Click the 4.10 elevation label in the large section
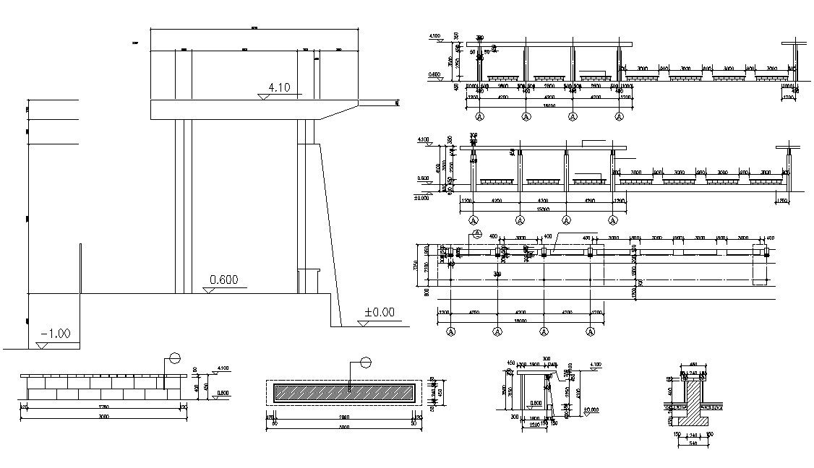(x=279, y=88)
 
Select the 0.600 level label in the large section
(x=224, y=280)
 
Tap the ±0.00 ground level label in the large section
(x=379, y=313)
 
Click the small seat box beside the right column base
(x=309, y=281)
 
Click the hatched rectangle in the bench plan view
(x=344, y=393)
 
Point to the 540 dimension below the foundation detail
(x=693, y=443)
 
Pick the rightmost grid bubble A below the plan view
(x=591, y=331)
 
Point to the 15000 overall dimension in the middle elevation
(x=542, y=209)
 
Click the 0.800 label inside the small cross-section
(x=536, y=403)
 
